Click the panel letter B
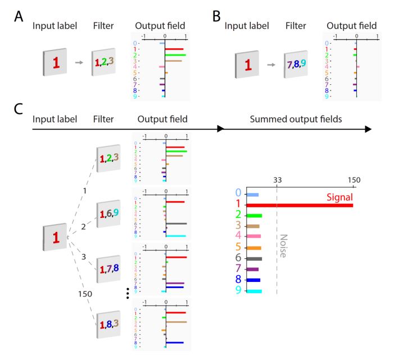coord(216,16)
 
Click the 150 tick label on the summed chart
coord(353,180)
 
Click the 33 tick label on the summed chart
coord(277,180)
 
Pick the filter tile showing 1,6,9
coord(107,213)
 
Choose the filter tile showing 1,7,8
coord(107,270)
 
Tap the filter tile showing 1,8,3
coord(107,324)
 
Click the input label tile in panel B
coord(247,66)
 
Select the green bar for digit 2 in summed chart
coord(255,216)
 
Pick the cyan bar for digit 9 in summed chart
coord(255,291)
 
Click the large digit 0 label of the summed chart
coord(239,194)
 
